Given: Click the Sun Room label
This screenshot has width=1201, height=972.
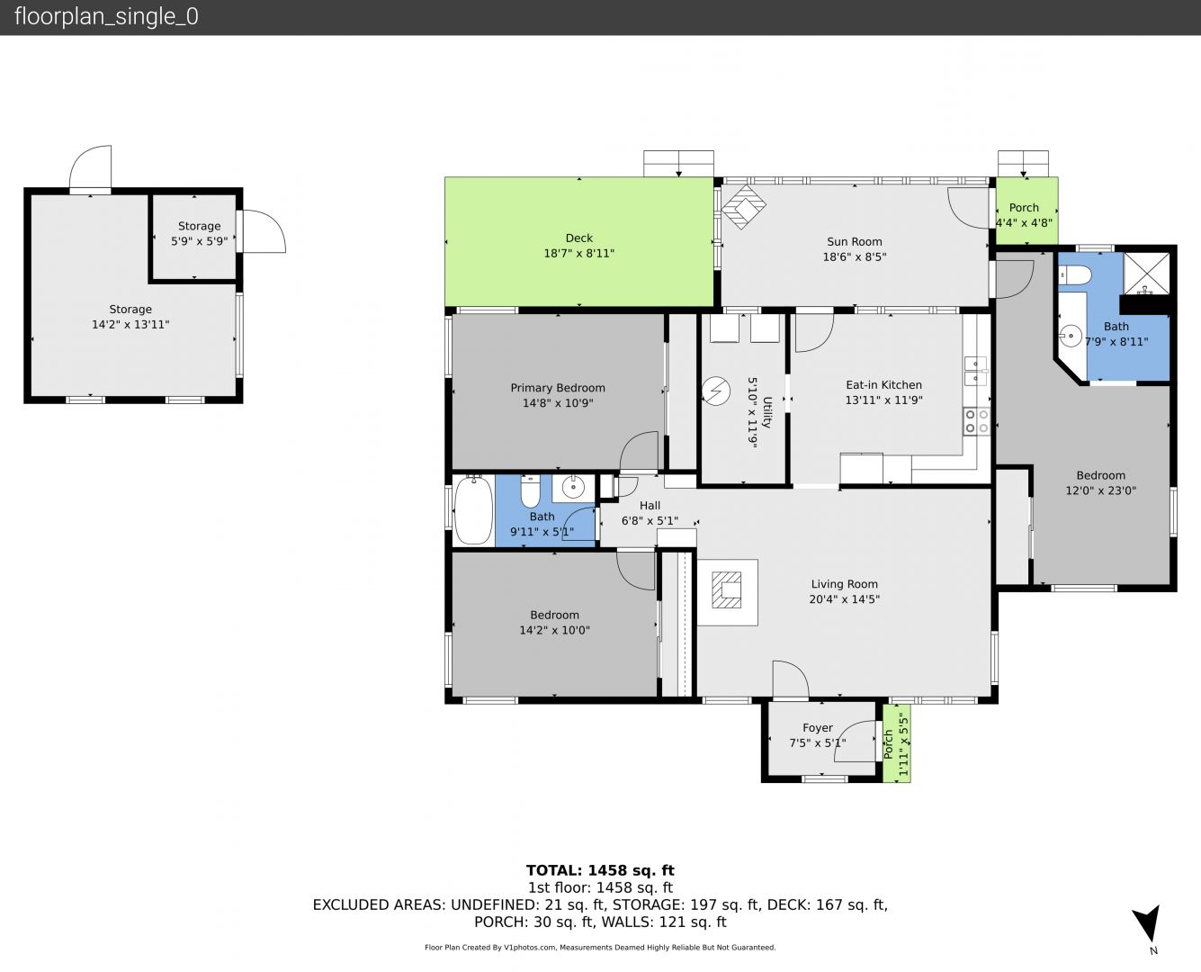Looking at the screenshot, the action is [855, 242].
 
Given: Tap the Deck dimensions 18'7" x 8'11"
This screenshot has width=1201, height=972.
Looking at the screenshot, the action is [579, 253].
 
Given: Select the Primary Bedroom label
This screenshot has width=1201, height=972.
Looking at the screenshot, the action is [558, 388].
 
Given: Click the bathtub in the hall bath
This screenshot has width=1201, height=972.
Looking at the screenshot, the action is [473, 510].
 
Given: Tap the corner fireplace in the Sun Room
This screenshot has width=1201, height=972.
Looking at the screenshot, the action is [743, 206].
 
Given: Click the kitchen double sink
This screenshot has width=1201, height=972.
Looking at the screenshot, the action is [976, 371].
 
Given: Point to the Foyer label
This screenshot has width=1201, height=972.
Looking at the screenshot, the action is [818, 728].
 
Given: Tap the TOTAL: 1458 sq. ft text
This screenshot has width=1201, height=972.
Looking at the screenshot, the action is [600, 870].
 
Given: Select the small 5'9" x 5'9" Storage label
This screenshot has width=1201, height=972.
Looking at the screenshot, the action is [199, 226].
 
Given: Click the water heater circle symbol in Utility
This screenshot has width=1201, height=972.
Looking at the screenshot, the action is [716, 391].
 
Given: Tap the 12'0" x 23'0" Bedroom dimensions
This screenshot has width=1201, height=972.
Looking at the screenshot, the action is [1100, 490].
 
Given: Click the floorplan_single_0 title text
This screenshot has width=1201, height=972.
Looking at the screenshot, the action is [106, 17].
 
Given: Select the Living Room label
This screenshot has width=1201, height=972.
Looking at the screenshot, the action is [844, 584].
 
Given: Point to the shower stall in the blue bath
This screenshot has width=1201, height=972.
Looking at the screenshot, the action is [1147, 273].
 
